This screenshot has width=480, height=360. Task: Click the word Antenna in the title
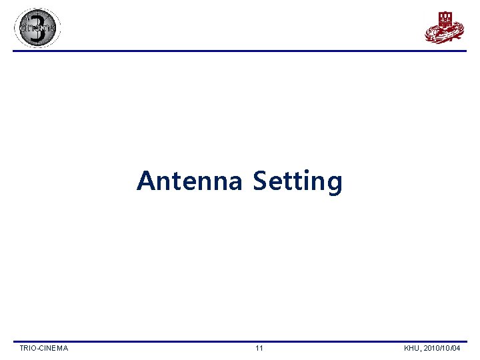click(x=189, y=181)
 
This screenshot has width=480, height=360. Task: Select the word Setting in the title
click(x=297, y=181)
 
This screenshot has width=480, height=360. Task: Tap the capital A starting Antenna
click(x=145, y=181)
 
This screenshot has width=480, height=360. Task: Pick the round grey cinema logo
click(x=37, y=28)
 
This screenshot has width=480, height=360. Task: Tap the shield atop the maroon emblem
click(x=445, y=17)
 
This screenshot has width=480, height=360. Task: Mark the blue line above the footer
click(x=240, y=341)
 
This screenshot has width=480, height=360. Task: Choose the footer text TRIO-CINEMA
click(x=44, y=348)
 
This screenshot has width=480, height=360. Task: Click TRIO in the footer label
click(x=28, y=348)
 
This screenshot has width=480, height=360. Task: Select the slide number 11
click(x=259, y=348)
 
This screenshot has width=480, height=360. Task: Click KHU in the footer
click(x=412, y=348)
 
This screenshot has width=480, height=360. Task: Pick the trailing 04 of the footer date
click(x=465, y=348)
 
